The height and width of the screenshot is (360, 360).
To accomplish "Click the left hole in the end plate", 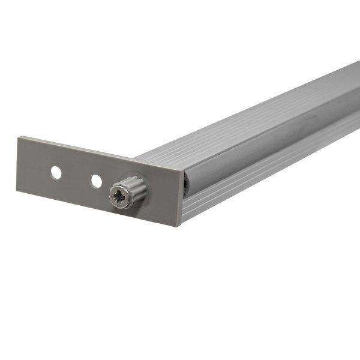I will point(56,173).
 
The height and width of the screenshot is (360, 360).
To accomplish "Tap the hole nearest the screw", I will point(96,179).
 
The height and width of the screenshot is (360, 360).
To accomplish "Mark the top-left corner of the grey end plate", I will point(17,138).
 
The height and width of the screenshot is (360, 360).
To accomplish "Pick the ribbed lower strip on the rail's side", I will point(270,174).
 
